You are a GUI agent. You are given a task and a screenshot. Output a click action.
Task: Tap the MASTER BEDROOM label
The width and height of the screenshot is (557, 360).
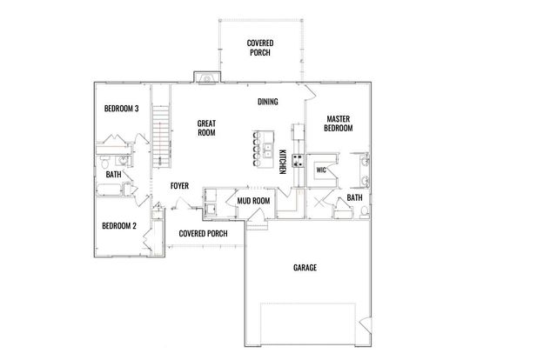(x=339, y=123)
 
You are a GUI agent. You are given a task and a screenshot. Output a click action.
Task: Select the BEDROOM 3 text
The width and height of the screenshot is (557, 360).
(x=122, y=109)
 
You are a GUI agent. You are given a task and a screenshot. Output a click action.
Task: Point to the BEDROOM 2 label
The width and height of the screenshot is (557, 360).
(x=119, y=226)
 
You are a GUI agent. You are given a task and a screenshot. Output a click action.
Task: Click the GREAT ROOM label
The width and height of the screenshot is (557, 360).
(x=206, y=128)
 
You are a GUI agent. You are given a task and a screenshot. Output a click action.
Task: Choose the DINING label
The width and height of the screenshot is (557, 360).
(x=267, y=102)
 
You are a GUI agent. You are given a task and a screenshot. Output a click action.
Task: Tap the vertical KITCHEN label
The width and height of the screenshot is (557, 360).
(x=283, y=163)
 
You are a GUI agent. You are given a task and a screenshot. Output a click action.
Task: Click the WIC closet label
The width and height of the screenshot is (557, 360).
(x=321, y=170)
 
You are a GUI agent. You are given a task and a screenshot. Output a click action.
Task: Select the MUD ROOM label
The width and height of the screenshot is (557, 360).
(x=253, y=202)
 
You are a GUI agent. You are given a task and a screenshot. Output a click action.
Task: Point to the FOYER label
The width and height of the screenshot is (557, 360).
(x=179, y=185)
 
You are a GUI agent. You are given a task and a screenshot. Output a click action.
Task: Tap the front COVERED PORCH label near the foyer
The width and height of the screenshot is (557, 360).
(x=203, y=234)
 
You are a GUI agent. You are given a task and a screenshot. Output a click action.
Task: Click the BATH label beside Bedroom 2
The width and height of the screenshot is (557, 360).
(x=114, y=175)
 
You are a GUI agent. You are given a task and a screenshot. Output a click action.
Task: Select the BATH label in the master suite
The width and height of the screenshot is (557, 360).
(x=355, y=198)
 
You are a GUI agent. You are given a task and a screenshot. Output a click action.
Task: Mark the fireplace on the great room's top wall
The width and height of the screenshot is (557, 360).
(x=207, y=78)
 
